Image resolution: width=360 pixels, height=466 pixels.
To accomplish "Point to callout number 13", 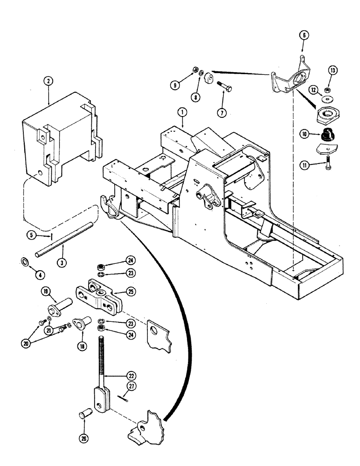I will coord(332,70).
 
